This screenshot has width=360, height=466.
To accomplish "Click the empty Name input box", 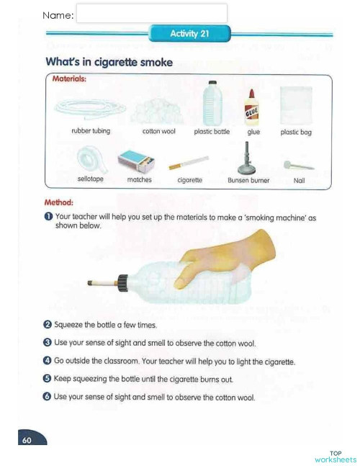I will pyautogui.click(x=151, y=14).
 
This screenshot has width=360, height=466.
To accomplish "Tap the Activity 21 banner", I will pyautogui.click(x=189, y=34).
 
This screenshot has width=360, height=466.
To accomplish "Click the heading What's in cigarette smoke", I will pyautogui.click(x=109, y=63).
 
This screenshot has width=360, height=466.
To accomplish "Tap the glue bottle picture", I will pyautogui.click(x=253, y=107).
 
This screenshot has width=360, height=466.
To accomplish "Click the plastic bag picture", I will pyautogui.click(x=296, y=106).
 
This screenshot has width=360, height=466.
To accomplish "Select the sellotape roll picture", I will pyautogui.click(x=90, y=158).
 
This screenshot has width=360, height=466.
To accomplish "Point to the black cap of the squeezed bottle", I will pyautogui.click(x=122, y=281).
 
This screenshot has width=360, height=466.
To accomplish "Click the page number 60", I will pyautogui.click(x=27, y=440).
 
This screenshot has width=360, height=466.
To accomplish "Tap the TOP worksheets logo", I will pyautogui.click(x=335, y=456).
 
